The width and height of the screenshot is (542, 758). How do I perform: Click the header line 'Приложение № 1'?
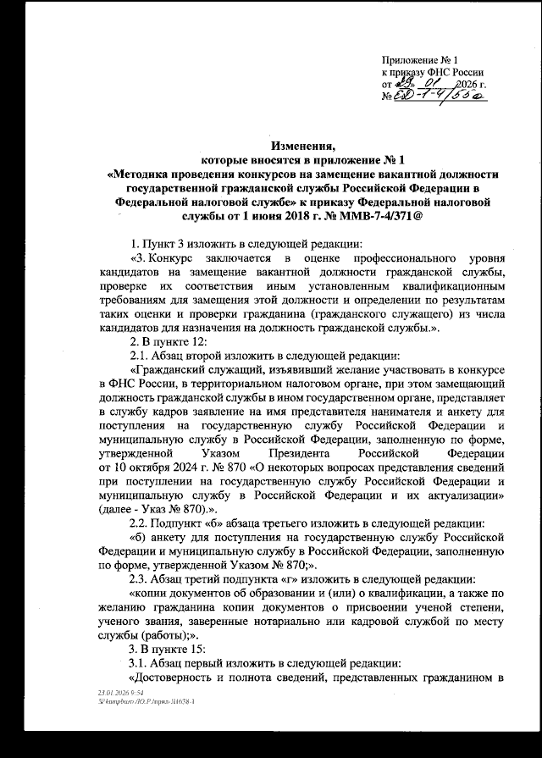click(x=421, y=61)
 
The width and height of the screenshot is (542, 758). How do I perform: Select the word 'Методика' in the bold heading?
click(x=157, y=174)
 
